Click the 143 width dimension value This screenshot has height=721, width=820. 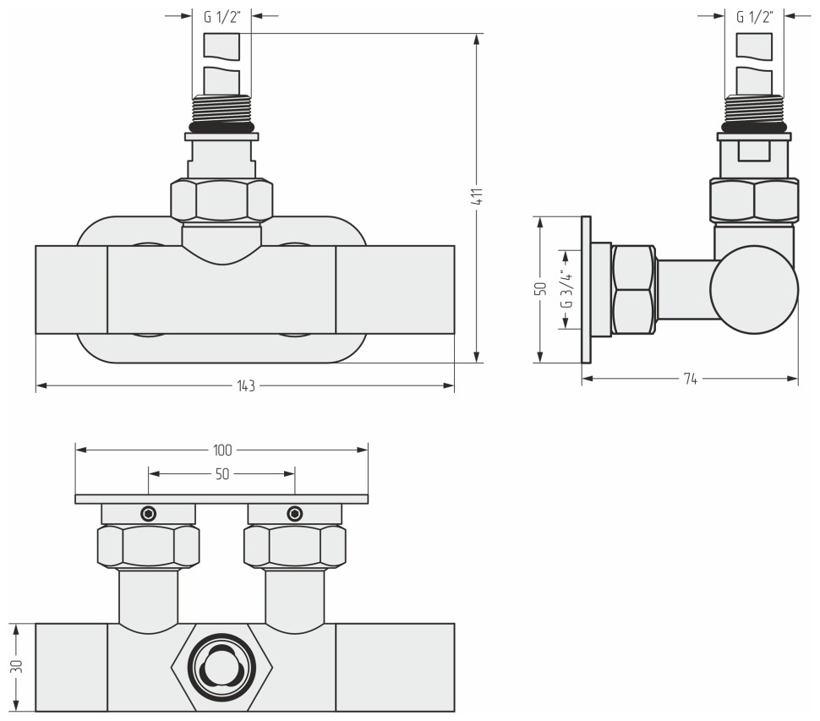tap(245, 385)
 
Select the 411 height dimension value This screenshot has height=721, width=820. tap(478, 198)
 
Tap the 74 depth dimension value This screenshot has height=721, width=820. tap(690, 380)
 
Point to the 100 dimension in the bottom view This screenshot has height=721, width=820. tap(222, 450)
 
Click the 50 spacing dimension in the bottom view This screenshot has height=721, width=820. tap(221, 475)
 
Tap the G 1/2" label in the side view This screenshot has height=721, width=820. tap(754, 16)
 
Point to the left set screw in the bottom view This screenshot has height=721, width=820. tap(149, 513)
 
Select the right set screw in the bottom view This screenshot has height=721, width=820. tap(294, 513)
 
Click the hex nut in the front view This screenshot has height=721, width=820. tap(221, 201)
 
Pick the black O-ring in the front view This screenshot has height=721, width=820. tap(221, 128)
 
